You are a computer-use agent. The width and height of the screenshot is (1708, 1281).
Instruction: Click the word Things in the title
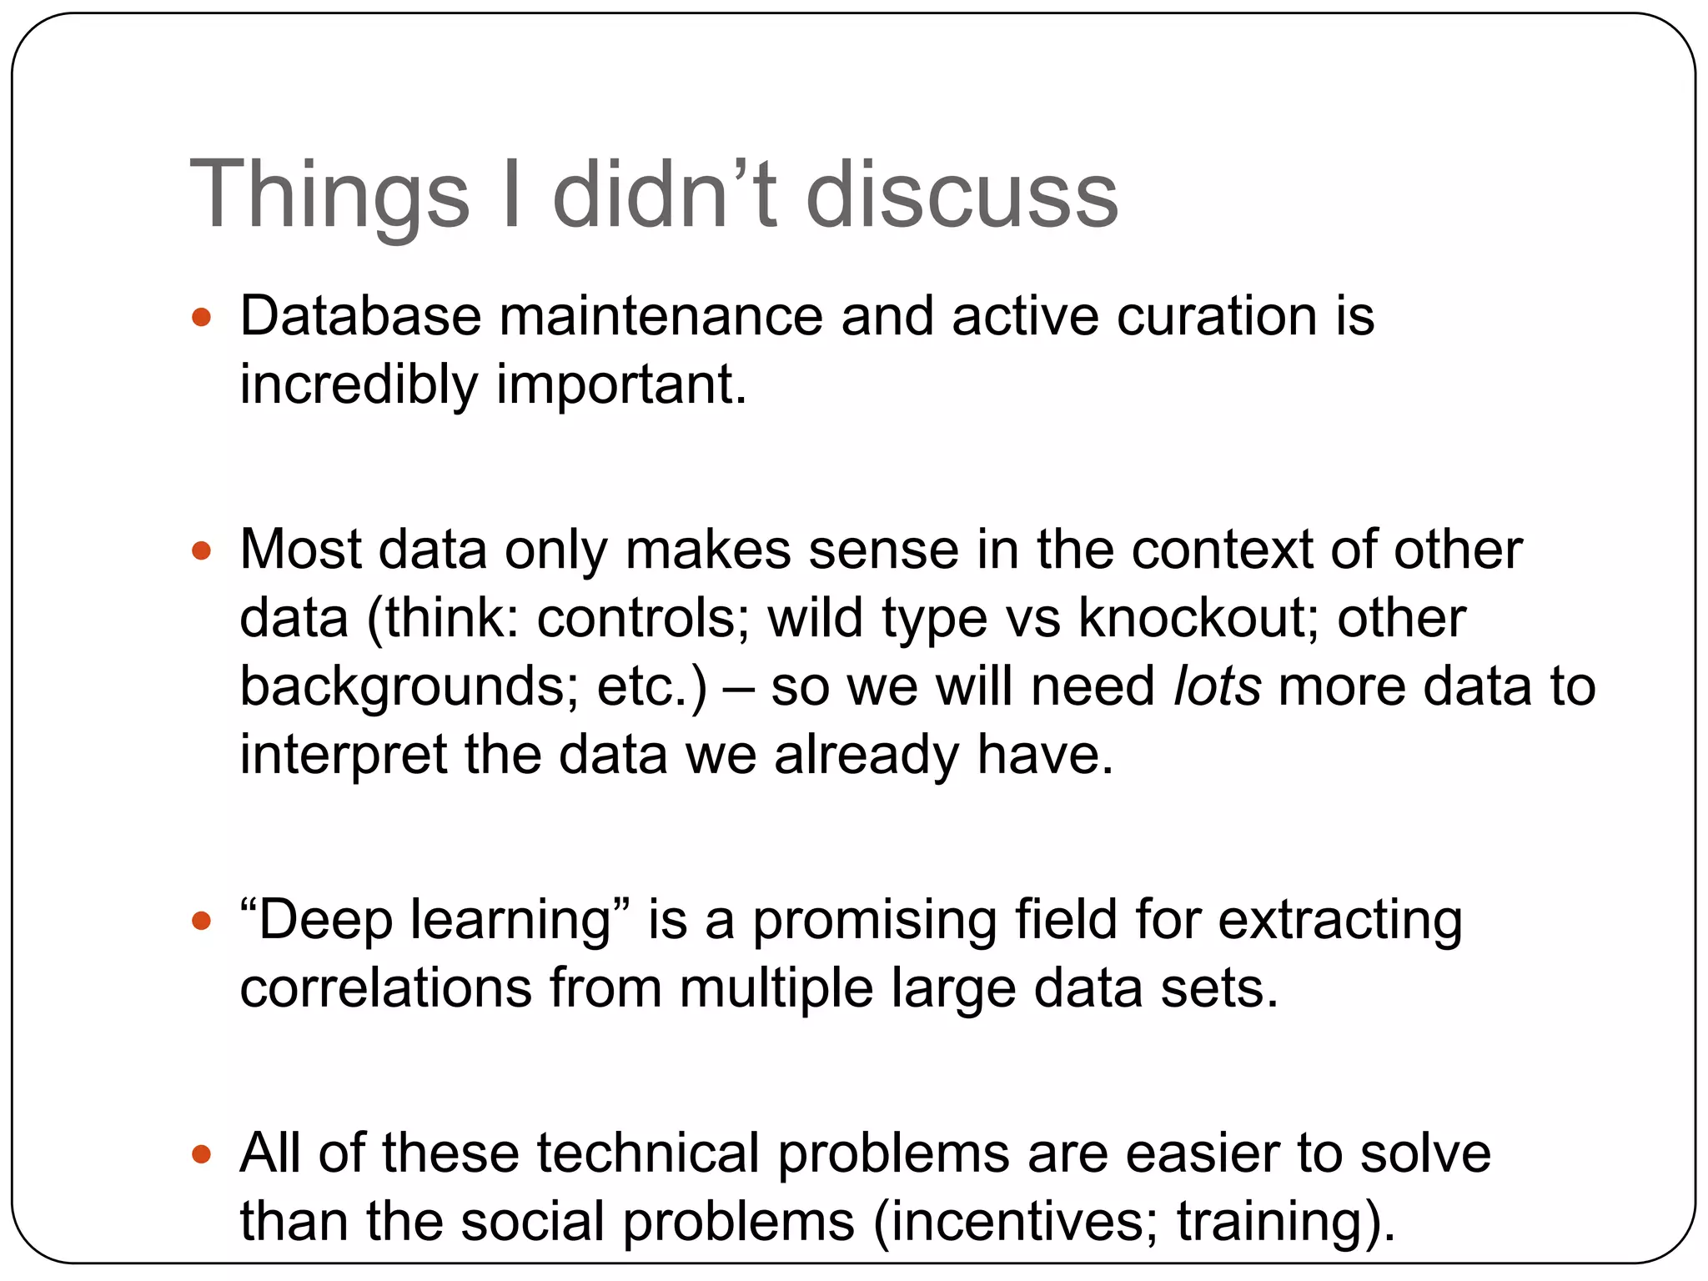pyautogui.click(x=329, y=196)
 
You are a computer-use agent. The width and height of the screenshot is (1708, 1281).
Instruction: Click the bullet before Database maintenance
pyautogui.click(x=201, y=318)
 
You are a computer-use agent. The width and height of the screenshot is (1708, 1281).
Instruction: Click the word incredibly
pyautogui.click(x=359, y=385)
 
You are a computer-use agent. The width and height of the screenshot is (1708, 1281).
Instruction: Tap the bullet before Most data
pyautogui.click(x=201, y=551)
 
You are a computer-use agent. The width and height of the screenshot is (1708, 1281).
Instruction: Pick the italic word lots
pyautogui.click(x=1217, y=687)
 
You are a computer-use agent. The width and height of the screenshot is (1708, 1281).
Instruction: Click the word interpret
pyautogui.click(x=344, y=755)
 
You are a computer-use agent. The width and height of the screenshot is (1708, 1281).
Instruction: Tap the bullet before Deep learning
pyautogui.click(x=201, y=921)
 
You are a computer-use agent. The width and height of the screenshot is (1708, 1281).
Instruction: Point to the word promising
pyautogui.click(x=874, y=921)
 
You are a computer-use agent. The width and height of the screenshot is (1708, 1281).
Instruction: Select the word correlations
pyautogui.click(x=385, y=989)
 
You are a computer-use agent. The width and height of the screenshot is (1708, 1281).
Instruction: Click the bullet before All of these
pyautogui.click(x=201, y=1154)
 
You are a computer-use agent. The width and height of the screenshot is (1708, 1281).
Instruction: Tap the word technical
pyautogui.click(x=648, y=1154)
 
